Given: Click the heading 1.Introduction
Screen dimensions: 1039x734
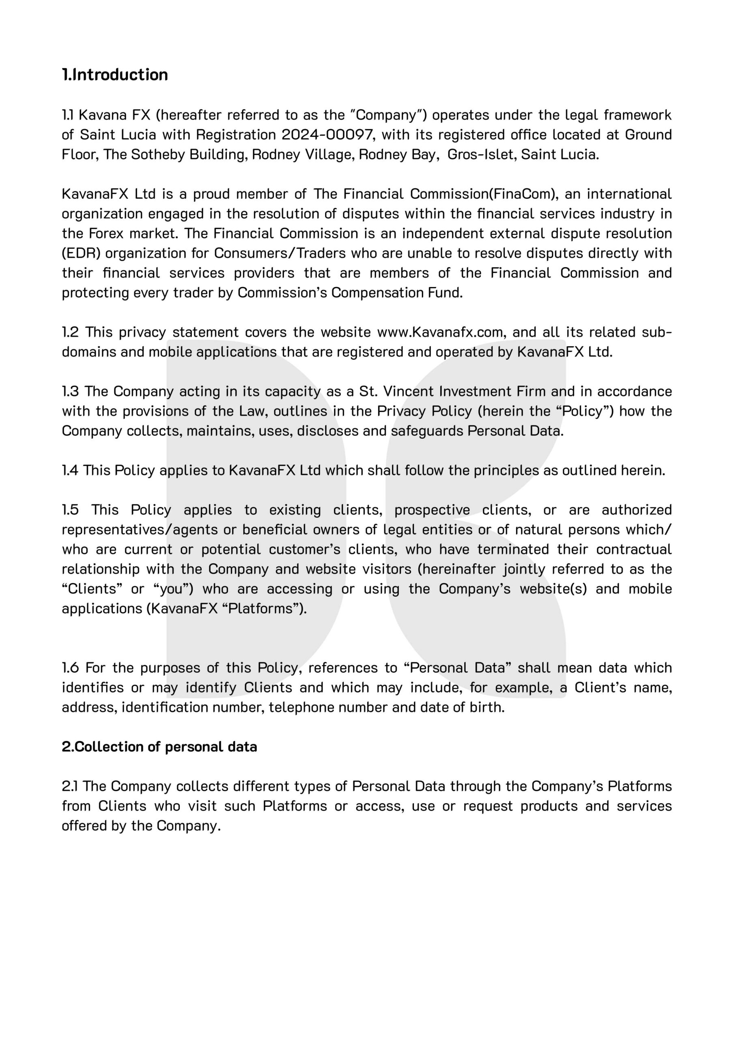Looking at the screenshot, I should (x=115, y=75).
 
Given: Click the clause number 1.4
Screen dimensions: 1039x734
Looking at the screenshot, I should (x=70, y=471).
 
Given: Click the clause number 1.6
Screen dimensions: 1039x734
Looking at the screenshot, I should (x=71, y=668).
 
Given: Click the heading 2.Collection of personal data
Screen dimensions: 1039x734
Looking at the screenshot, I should (x=159, y=747).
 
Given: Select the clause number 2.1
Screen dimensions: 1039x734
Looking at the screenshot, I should (x=70, y=786).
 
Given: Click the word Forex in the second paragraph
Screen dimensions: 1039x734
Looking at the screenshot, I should (x=106, y=233).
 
